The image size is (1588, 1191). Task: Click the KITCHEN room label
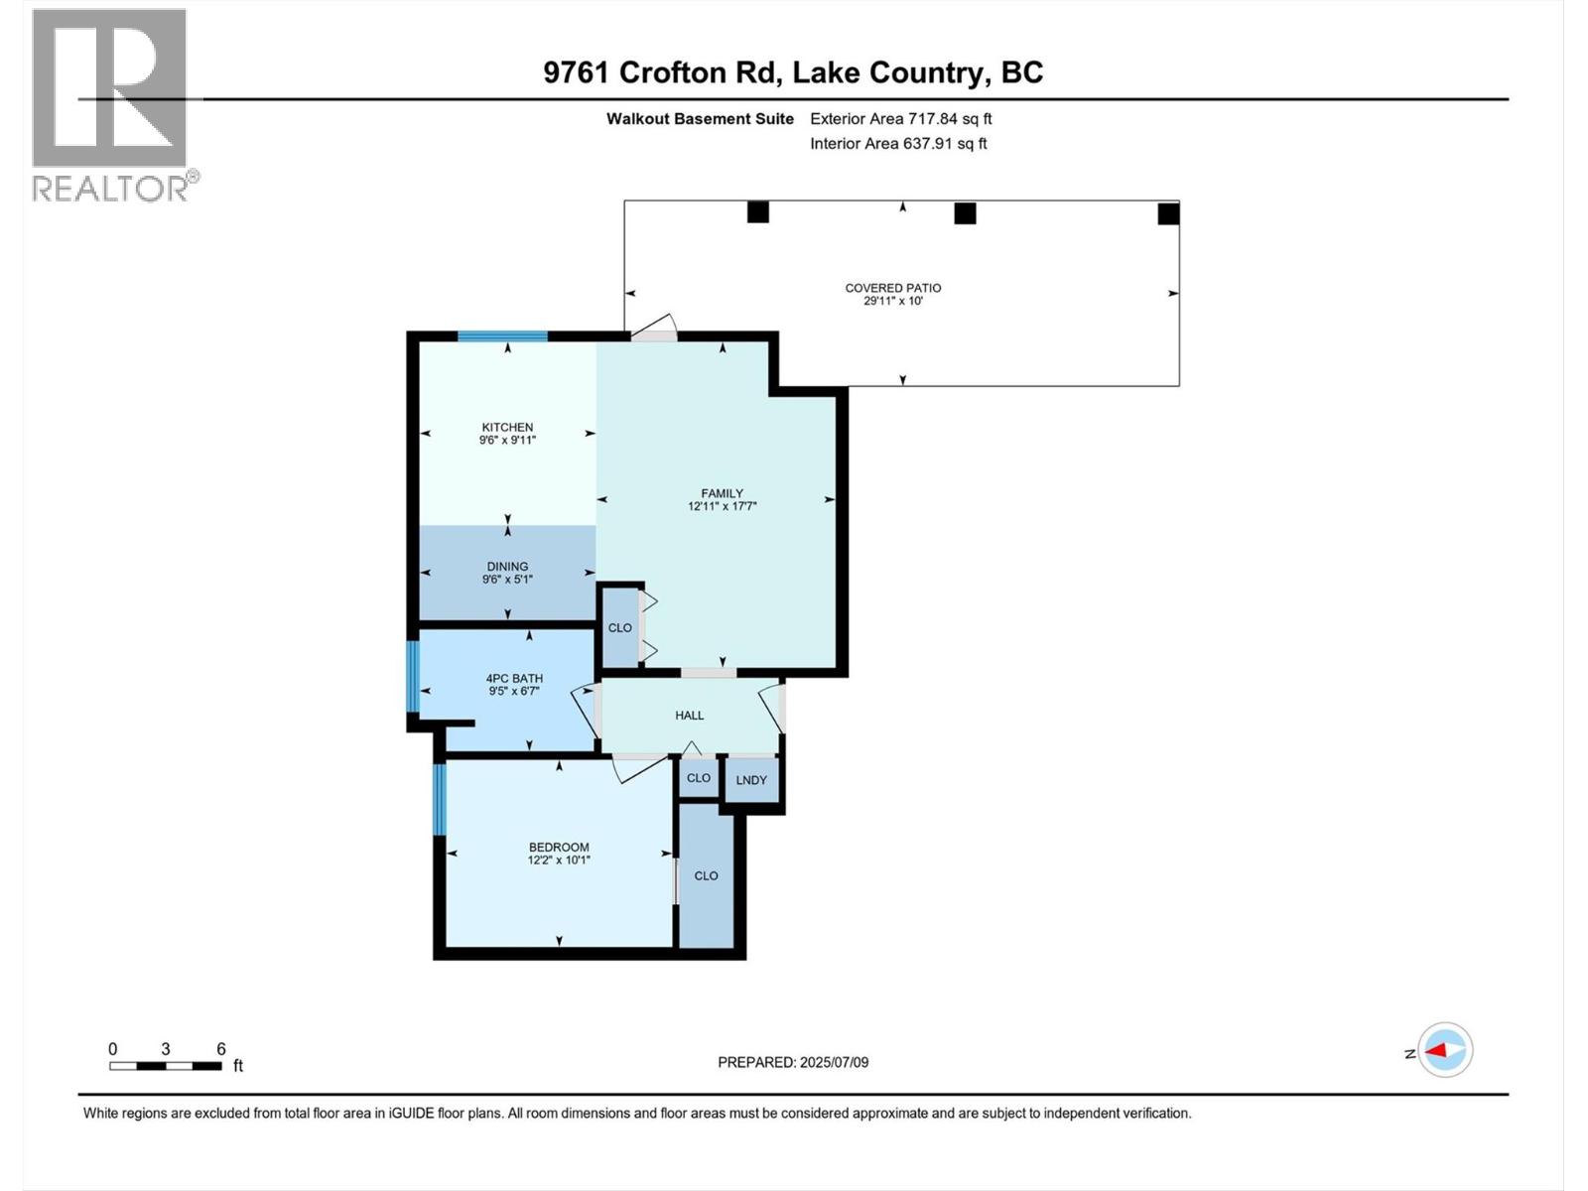pos(507,427)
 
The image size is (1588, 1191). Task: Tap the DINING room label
pos(507,566)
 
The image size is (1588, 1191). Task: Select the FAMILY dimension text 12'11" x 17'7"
pos(722,506)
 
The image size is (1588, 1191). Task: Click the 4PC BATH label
pos(514,679)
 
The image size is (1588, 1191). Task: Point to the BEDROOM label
pos(559,848)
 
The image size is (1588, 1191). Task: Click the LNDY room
pos(751,780)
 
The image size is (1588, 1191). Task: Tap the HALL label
pos(690,715)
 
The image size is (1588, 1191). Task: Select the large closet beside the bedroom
pos(706,875)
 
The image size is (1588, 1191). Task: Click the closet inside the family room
pos(620,627)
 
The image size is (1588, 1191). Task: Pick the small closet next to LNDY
pos(699,778)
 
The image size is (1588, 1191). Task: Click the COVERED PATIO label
pos(893,288)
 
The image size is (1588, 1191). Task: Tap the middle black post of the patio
pos(965,212)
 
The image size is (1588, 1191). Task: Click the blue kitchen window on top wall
pos(502,336)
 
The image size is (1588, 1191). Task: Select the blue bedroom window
pos(440,799)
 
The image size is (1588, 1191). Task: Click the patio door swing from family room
pos(655,329)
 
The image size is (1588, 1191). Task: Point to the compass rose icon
pos(1445,1050)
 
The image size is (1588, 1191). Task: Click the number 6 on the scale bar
pos(221,1049)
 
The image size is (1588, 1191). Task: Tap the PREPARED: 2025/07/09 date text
pos(793,1062)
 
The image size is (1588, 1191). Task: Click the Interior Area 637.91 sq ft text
pos(898,143)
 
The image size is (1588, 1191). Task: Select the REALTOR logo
pos(111,104)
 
